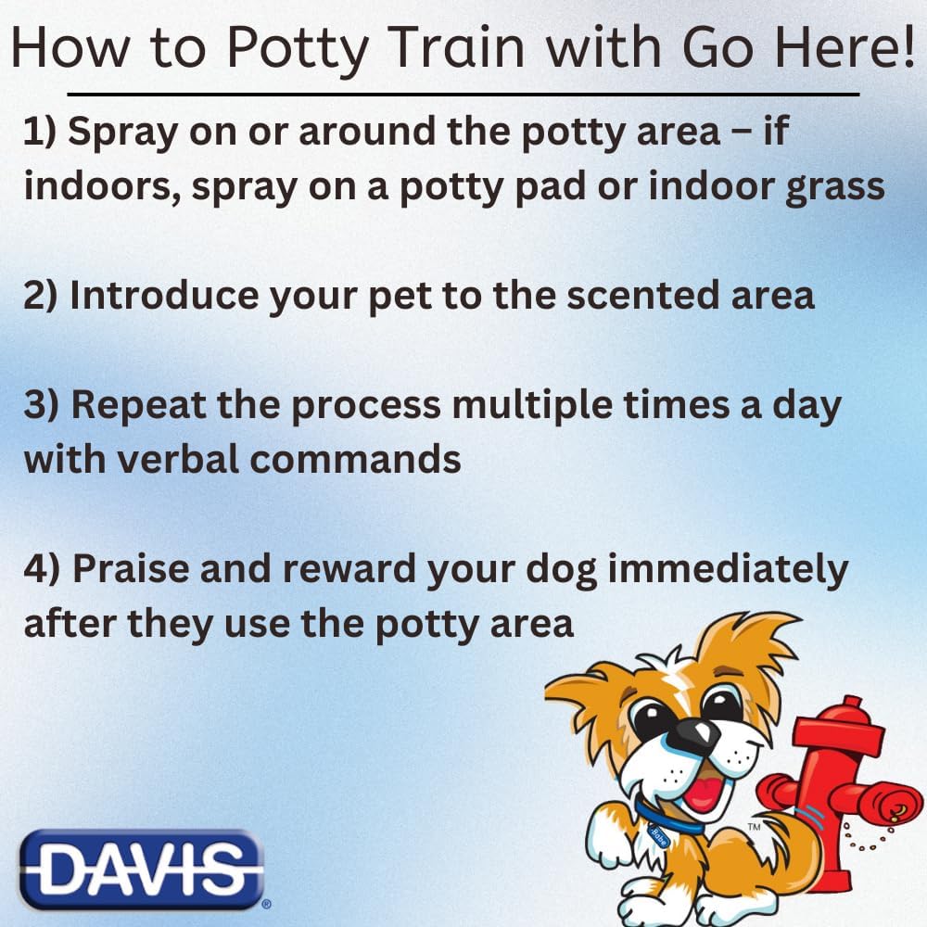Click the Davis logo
point(142,870)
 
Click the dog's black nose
point(692,733)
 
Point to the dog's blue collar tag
point(658,836)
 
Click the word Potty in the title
point(298,48)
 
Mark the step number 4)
point(42,568)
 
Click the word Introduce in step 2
point(164,295)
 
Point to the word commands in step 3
point(355,460)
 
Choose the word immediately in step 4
point(728,570)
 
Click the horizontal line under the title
point(463,94)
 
